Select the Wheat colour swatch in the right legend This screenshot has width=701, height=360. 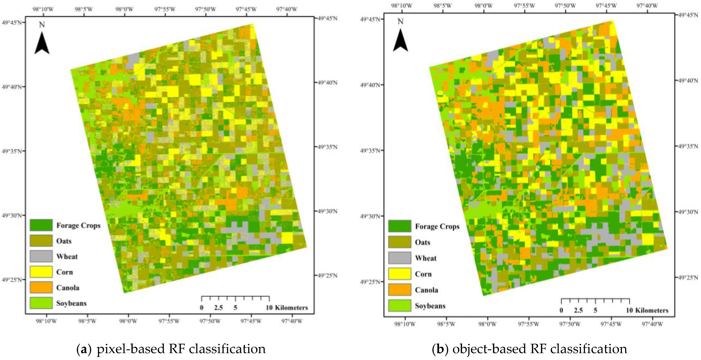(x=399, y=258)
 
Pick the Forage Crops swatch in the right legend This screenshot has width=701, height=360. (x=399, y=226)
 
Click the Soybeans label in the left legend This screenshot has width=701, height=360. (x=71, y=303)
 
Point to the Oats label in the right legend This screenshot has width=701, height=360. (x=422, y=242)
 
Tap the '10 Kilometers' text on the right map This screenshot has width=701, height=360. (x=647, y=310)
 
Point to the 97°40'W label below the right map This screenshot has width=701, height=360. (x=653, y=324)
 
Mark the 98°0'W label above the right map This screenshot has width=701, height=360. (x=484, y=5)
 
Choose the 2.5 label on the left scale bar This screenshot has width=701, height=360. (x=218, y=308)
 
